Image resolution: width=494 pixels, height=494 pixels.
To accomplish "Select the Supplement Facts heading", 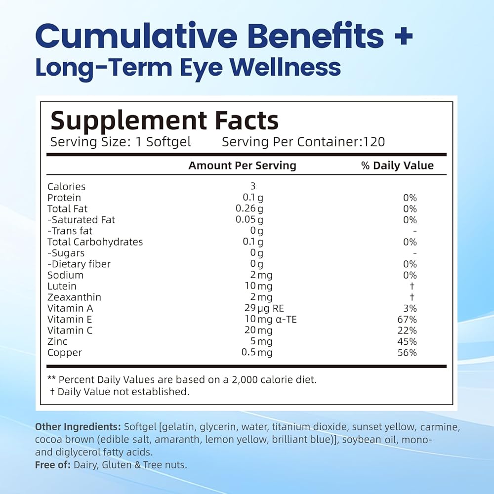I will (x=165, y=121).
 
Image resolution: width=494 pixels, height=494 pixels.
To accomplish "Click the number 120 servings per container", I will (x=374, y=142).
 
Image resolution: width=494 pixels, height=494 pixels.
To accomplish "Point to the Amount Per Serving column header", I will (x=242, y=165).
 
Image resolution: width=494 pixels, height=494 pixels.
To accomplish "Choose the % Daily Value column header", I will (x=397, y=165).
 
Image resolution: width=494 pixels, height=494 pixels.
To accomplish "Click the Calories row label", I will (x=66, y=186).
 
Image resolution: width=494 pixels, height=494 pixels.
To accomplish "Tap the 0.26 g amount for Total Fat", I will (x=249, y=208).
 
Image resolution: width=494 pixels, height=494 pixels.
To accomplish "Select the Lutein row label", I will (x=62, y=286).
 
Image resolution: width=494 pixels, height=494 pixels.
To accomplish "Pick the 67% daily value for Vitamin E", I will (x=407, y=319).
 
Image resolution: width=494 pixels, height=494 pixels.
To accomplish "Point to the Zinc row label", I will (x=57, y=341).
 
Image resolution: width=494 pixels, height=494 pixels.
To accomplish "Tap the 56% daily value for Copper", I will (x=407, y=353).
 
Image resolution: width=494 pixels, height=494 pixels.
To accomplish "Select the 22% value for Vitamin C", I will (x=407, y=330).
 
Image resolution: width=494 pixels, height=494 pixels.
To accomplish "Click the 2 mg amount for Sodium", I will (x=261, y=275).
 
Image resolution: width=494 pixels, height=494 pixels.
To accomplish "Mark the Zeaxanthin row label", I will (x=74, y=297).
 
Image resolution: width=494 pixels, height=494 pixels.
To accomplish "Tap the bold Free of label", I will (x=52, y=465).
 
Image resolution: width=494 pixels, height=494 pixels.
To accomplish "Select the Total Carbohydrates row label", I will (x=95, y=242).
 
